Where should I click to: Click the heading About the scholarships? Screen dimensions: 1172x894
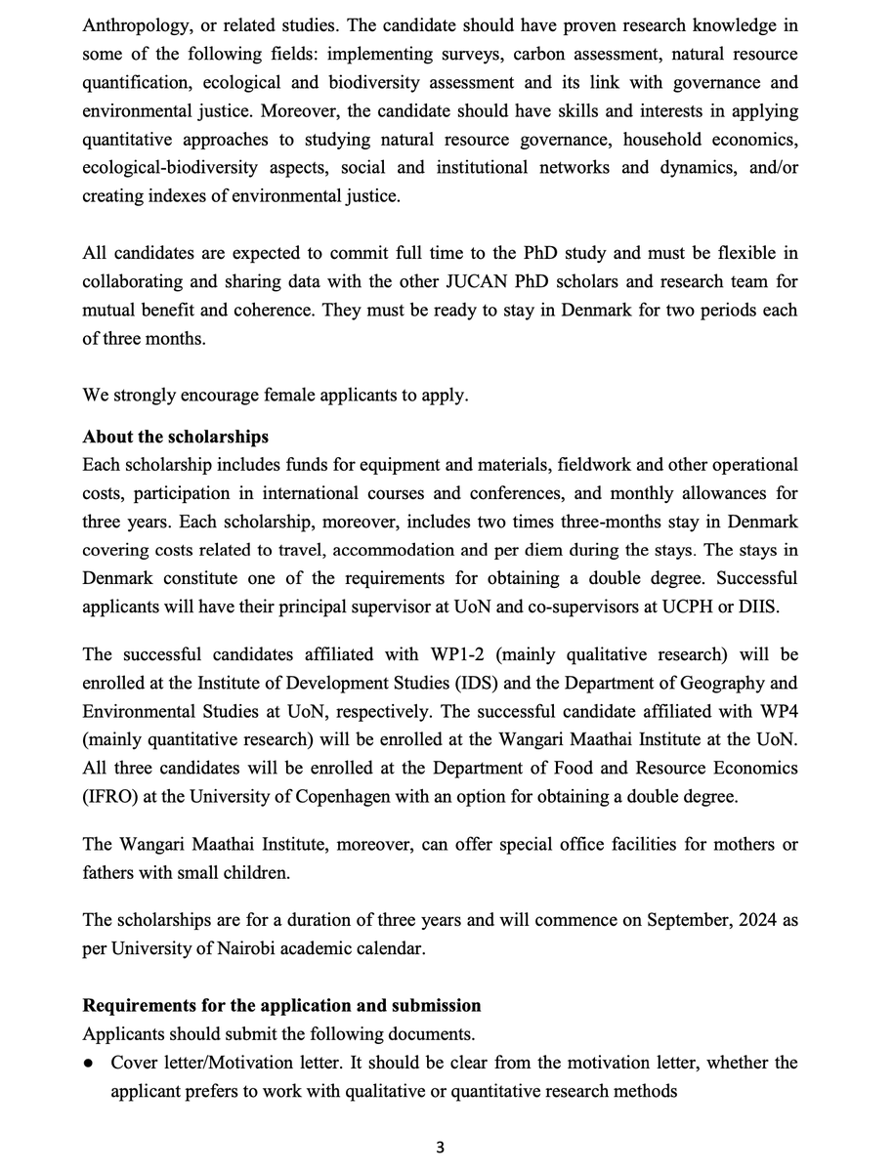(x=175, y=436)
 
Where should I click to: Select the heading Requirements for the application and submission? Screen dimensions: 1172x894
(x=281, y=1005)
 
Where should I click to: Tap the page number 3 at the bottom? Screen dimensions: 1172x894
(x=441, y=1149)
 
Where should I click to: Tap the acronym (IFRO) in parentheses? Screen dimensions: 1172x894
(x=109, y=796)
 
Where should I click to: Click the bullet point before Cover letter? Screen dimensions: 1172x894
(x=89, y=1063)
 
